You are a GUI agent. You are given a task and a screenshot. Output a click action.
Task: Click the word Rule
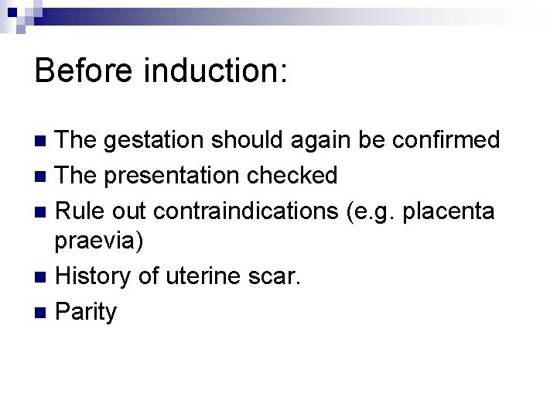(81, 210)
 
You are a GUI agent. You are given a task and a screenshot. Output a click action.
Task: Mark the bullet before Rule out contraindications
(41, 211)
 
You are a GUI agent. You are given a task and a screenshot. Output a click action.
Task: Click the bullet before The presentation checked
(41, 176)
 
